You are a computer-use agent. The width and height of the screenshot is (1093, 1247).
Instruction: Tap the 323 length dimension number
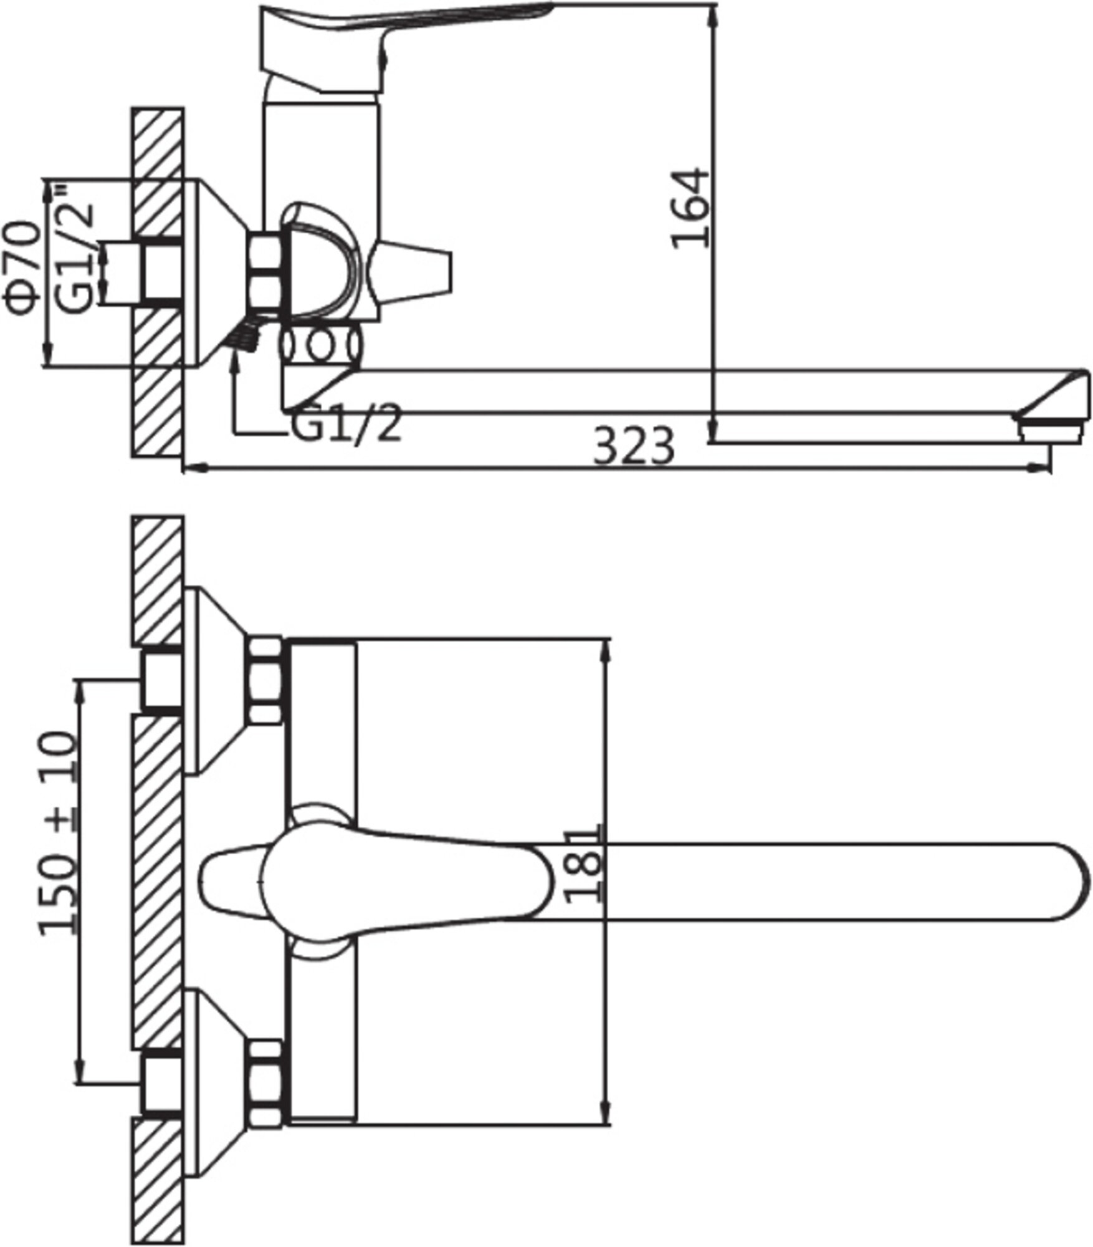click(634, 446)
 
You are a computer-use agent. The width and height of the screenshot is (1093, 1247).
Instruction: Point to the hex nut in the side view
click(266, 271)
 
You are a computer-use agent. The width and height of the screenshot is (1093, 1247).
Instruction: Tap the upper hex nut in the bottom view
click(266, 680)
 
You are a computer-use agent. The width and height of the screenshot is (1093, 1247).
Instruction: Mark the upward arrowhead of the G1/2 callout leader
click(236, 356)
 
